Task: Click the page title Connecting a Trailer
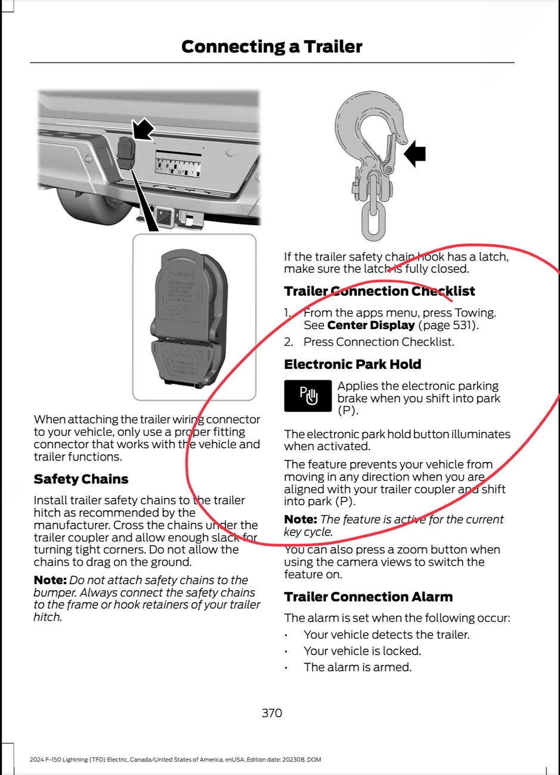pos(271,46)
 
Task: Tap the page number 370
pos(272,713)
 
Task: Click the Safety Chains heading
pos(81,479)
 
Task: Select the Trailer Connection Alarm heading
pos(368,597)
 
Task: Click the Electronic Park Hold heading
pos(352,364)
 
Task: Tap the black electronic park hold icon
pos(308,396)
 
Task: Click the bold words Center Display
pos(371,325)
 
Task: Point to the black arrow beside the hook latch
pos(415,154)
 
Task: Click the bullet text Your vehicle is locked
pos(362,651)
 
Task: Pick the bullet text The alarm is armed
pos(357,667)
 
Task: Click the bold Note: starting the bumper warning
pos(50,580)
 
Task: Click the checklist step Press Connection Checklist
pos(379,342)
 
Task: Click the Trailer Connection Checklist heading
pos(379,291)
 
